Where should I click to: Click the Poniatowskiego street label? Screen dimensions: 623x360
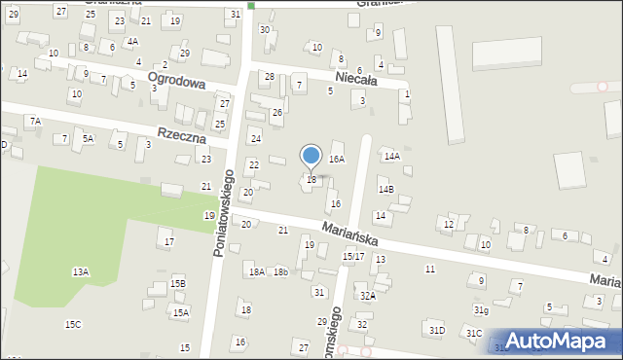223,214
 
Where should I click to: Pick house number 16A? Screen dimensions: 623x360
337,159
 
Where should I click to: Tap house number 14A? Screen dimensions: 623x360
391,156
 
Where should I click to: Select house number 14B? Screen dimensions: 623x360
385,189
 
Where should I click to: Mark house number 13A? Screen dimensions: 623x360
80,272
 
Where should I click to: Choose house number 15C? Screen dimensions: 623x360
73,324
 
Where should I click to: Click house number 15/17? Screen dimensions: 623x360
353,256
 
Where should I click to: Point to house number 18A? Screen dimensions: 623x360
256,272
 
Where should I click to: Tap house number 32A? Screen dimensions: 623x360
367,295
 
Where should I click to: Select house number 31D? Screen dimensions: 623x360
437,331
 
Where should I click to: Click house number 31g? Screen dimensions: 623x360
481,309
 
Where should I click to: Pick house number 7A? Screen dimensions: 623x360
35,121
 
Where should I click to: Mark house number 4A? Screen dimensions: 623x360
132,42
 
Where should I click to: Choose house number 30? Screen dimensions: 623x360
264,29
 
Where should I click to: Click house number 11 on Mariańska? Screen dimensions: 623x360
429,269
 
